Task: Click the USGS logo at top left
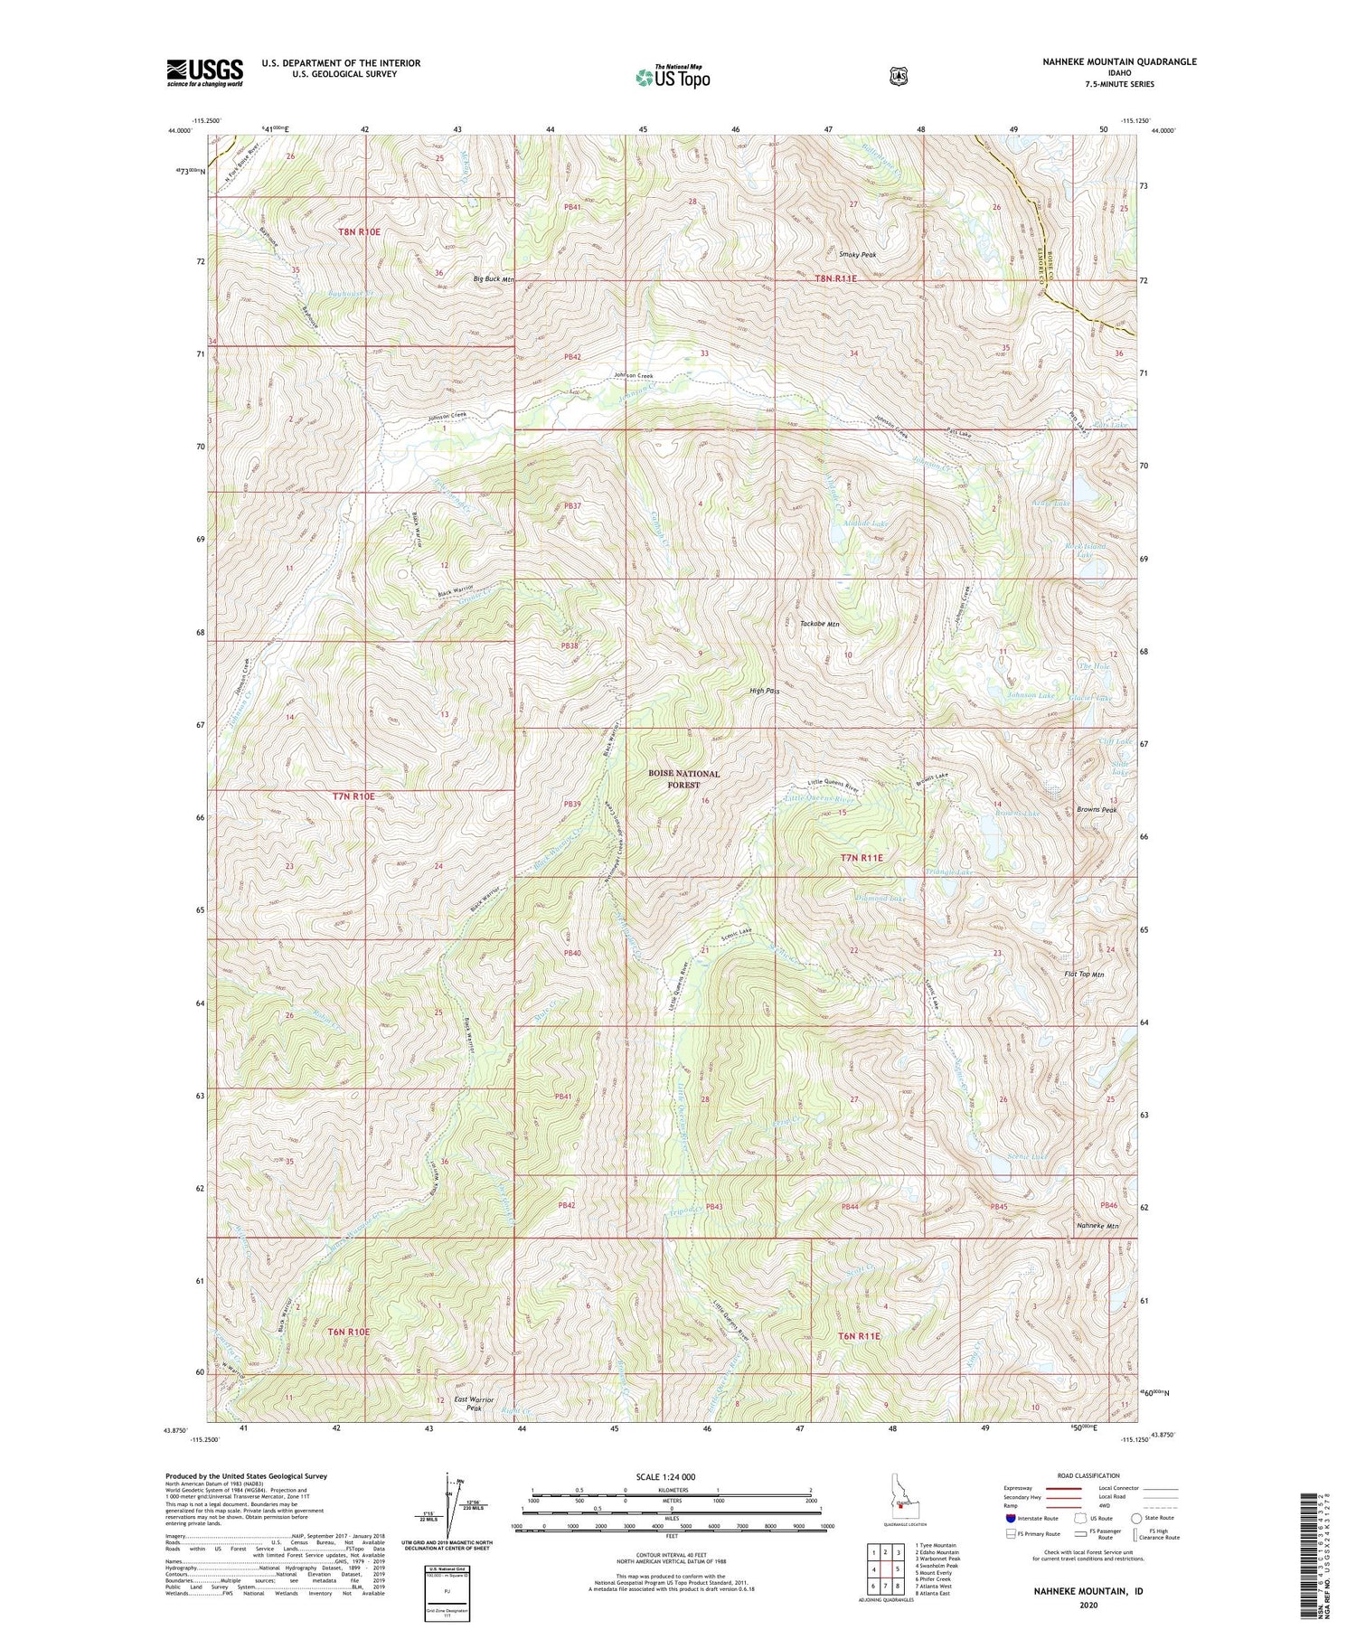(205, 72)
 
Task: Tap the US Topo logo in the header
(673, 77)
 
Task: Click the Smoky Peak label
(857, 255)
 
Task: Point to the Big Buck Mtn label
(494, 279)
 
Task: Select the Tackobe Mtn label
(820, 624)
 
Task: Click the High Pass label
(764, 691)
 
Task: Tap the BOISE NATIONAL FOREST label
(683, 779)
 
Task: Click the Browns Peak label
(1097, 810)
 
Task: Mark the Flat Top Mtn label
(1084, 975)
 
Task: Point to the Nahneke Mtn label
(1097, 1226)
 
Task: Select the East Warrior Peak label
(475, 1403)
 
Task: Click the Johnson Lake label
(1031, 695)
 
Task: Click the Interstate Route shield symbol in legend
(1011, 1518)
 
